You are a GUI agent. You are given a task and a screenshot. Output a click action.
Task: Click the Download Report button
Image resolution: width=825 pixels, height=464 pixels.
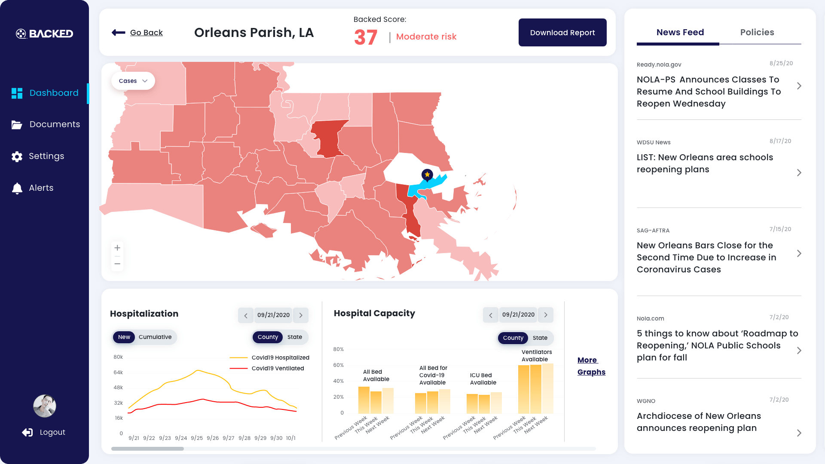pyautogui.click(x=562, y=33)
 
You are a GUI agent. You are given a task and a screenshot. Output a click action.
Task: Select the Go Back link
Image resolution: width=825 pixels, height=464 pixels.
pyautogui.click(x=146, y=33)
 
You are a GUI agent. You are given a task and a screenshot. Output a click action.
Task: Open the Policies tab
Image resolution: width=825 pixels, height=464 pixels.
pyautogui.click(x=757, y=32)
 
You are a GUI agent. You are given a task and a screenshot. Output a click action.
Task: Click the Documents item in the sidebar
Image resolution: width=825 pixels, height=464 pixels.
pyautogui.click(x=55, y=125)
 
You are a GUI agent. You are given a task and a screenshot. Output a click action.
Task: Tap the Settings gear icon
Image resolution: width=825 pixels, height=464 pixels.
pyautogui.click(x=17, y=157)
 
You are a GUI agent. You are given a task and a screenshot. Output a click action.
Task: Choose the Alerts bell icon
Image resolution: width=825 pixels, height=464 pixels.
pyautogui.click(x=17, y=188)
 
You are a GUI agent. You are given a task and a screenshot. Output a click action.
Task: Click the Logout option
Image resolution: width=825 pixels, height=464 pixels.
pyautogui.click(x=52, y=432)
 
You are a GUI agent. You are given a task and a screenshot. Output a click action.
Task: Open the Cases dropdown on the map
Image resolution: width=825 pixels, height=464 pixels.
pyautogui.click(x=133, y=81)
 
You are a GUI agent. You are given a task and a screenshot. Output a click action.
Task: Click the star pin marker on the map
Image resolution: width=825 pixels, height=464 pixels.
pyautogui.click(x=427, y=175)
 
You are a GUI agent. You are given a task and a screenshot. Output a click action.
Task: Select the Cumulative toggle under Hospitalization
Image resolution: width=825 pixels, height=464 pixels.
pyautogui.click(x=155, y=337)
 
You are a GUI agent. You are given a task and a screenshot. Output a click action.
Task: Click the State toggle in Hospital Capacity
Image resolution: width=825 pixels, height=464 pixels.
pyautogui.click(x=540, y=338)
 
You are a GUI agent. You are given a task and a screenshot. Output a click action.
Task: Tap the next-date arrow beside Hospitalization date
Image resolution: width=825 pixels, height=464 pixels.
pyautogui.click(x=301, y=315)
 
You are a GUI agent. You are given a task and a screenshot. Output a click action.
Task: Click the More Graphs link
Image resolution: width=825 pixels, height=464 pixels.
pyautogui.click(x=591, y=366)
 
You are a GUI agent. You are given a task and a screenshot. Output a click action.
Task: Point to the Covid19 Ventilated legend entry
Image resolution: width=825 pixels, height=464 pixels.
pyautogui.click(x=278, y=369)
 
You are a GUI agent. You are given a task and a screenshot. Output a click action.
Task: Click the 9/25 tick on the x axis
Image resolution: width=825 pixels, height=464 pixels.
pyautogui.click(x=197, y=438)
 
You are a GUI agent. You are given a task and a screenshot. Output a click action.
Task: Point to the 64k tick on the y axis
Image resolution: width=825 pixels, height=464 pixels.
pyautogui.click(x=118, y=372)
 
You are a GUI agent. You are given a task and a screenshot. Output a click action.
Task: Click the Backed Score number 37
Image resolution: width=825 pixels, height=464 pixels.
pyautogui.click(x=366, y=37)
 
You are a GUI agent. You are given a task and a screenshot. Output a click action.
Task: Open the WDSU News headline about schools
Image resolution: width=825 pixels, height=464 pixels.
pyautogui.click(x=705, y=163)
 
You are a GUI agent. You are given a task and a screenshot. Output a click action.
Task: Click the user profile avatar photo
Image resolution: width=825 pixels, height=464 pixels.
pyautogui.click(x=45, y=406)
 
